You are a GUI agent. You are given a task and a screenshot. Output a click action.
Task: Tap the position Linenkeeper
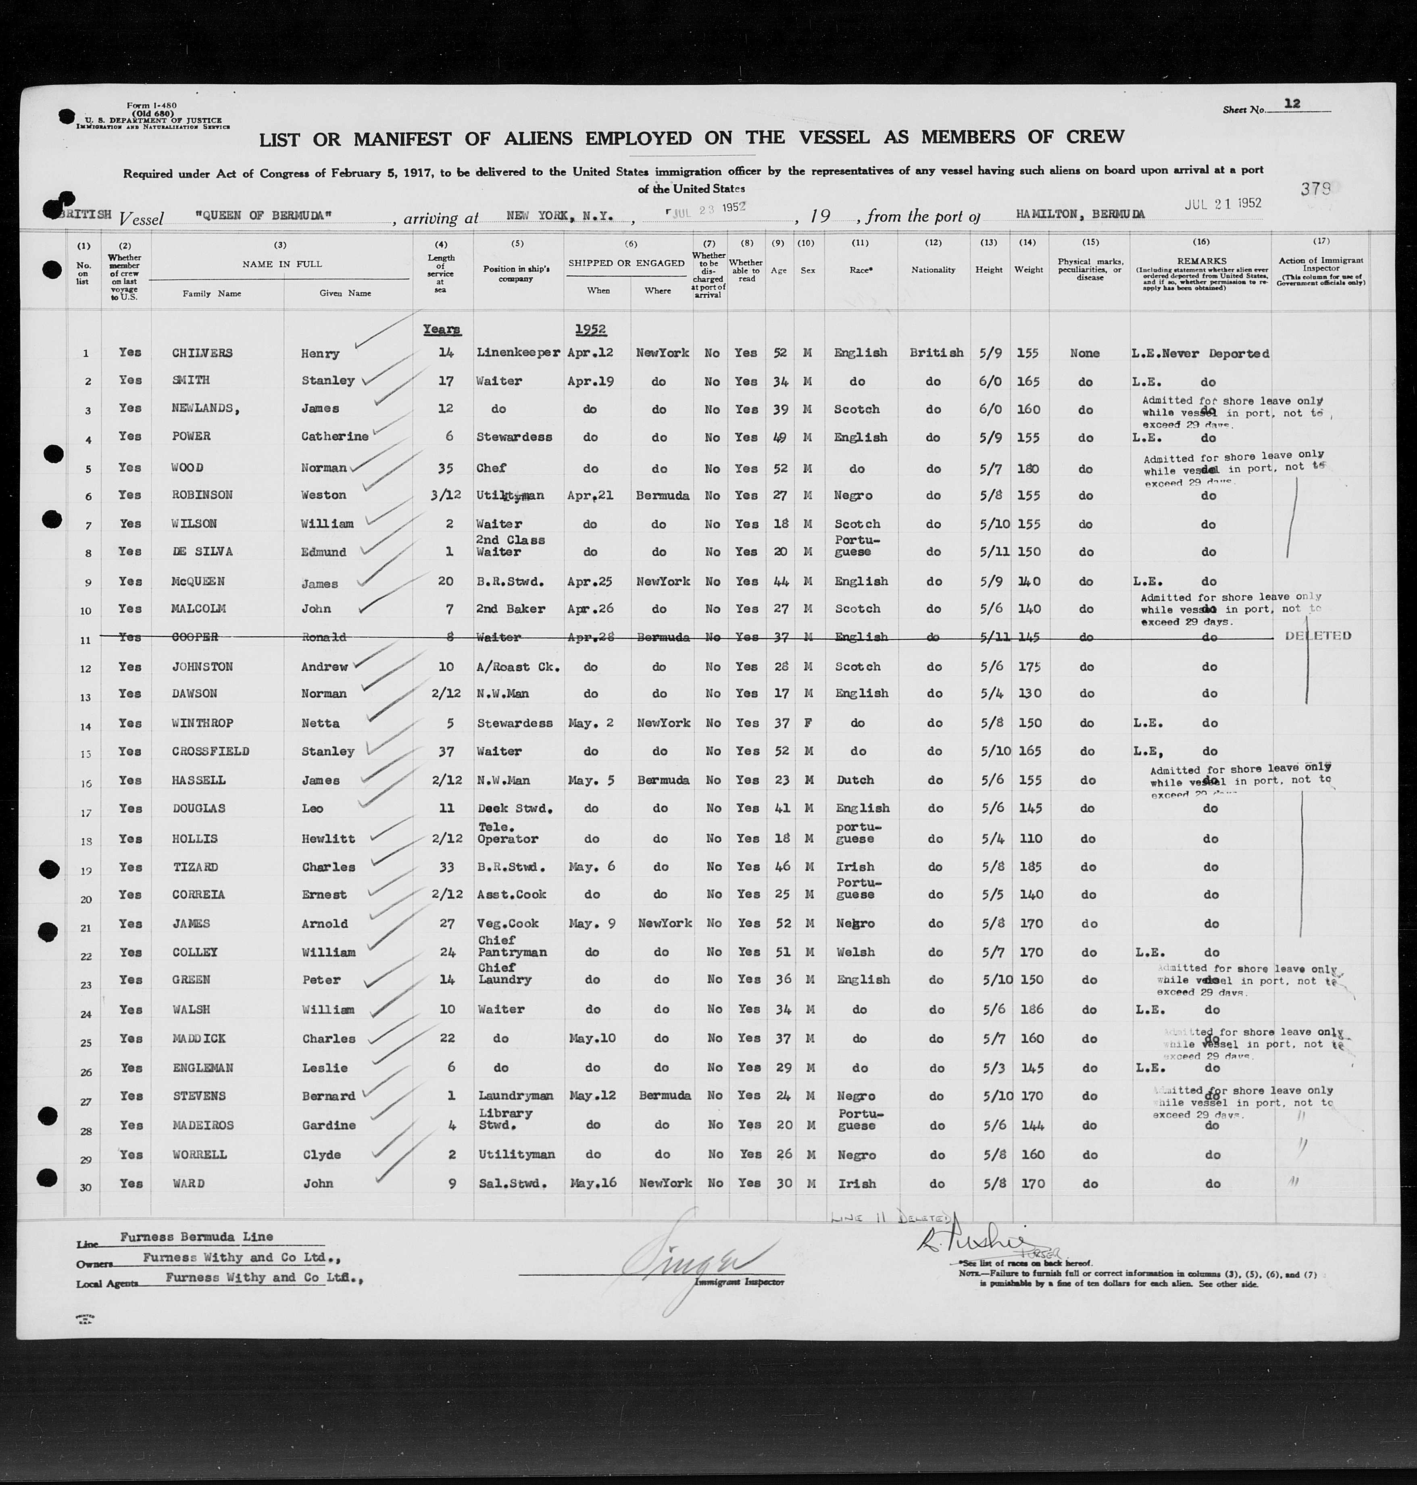coord(518,353)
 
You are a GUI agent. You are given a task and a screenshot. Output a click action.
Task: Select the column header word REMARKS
coord(1201,261)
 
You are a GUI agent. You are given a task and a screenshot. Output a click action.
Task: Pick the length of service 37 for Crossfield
coord(446,751)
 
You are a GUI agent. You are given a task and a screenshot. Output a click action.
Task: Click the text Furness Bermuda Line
coord(196,1237)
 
